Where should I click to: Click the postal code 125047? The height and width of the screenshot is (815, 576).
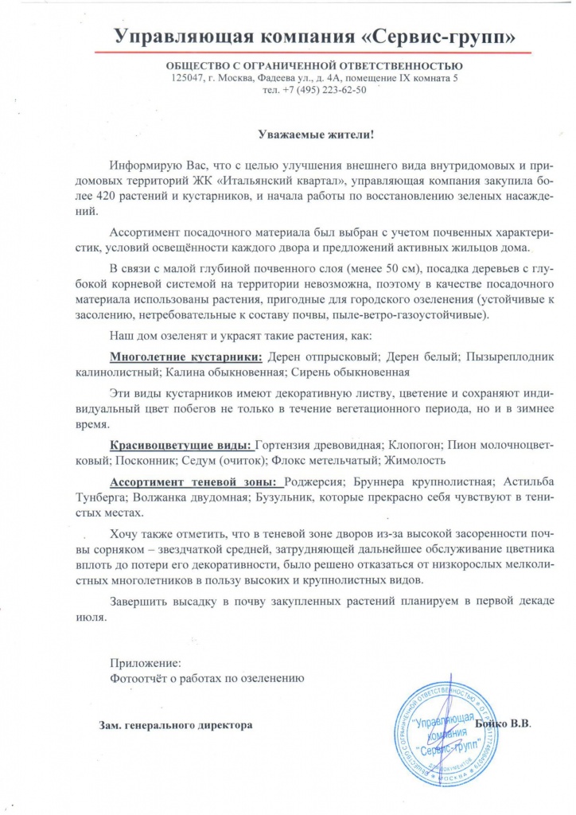pos(188,78)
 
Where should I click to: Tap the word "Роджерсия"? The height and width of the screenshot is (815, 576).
pos(316,482)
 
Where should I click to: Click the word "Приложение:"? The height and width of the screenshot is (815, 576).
pos(145,663)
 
